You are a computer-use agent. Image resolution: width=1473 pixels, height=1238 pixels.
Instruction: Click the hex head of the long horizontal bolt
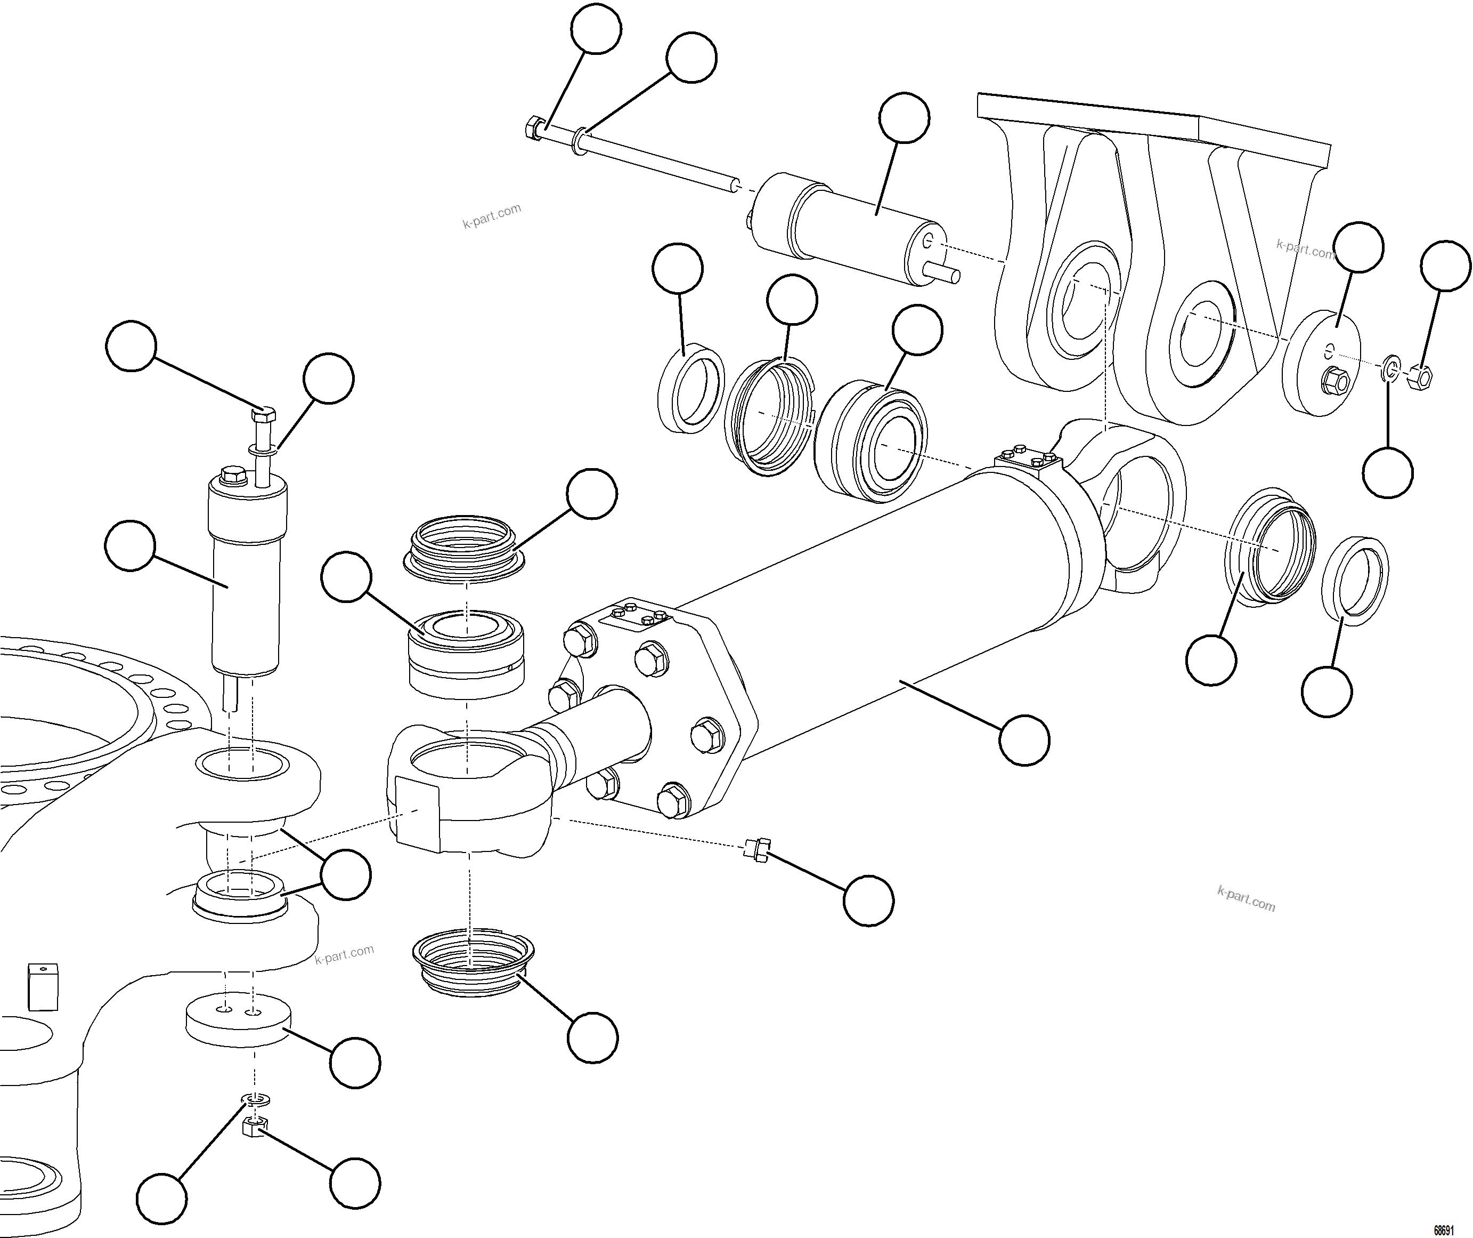pyautogui.click(x=534, y=128)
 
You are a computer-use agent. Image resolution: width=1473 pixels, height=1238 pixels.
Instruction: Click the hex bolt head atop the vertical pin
pyautogui.click(x=263, y=415)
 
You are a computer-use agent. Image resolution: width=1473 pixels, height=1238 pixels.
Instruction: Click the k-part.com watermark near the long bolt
pyautogui.click(x=492, y=216)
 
